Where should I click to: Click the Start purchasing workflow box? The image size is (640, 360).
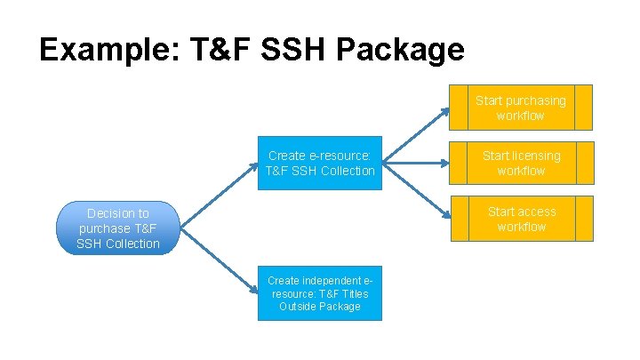click(520, 108)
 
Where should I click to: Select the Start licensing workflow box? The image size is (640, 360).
click(520, 163)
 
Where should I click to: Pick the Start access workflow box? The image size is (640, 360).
click(520, 219)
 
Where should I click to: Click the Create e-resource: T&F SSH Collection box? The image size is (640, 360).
click(320, 163)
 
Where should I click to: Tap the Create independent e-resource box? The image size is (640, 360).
click(320, 293)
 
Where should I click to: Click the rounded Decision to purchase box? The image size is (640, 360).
click(117, 228)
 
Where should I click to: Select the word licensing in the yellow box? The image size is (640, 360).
click(536, 156)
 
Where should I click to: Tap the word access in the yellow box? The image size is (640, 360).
click(536, 212)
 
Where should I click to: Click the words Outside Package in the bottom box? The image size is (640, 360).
click(320, 307)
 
